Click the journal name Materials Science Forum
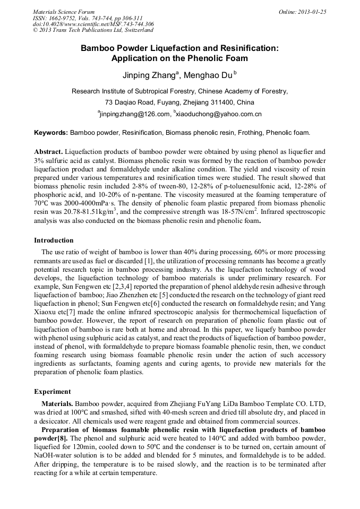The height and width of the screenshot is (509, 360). [64, 12]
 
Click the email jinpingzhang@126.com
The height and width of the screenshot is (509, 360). [135, 114]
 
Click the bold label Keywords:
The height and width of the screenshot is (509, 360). [51, 132]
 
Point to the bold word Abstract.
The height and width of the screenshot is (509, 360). [49, 151]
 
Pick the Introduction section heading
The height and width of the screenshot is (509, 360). [54, 240]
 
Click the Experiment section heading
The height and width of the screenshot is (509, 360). [53, 391]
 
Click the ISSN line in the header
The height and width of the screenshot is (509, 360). [88, 18]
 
